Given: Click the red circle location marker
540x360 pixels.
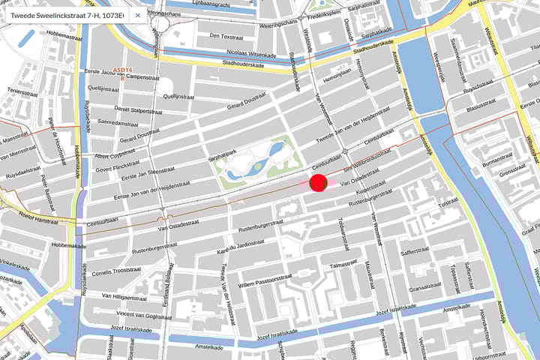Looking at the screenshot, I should tap(317, 182).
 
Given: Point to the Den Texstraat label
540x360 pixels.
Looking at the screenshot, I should tap(227, 35).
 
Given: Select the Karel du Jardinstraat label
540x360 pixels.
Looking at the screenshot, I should tap(241, 247).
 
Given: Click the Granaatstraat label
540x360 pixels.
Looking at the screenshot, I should tap(424, 287).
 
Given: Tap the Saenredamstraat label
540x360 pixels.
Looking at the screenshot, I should tap(115, 121).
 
